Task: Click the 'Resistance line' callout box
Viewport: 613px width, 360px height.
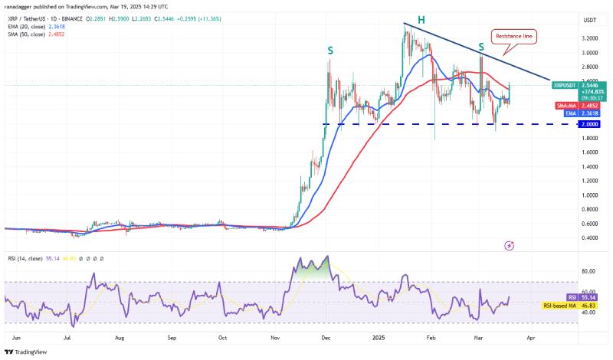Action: click(x=515, y=35)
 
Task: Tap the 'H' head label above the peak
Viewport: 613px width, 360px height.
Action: click(x=420, y=18)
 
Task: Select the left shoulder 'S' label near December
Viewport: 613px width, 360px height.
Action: click(x=330, y=51)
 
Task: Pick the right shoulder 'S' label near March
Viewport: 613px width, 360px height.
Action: click(x=480, y=47)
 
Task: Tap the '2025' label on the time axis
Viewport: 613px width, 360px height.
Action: click(x=379, y=336)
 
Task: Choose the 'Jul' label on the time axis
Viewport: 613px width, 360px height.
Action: click(x=69, y=336)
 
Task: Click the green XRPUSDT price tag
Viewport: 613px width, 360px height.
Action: click(x=569, y=89)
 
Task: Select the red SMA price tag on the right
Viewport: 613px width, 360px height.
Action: click(x=569, y=105)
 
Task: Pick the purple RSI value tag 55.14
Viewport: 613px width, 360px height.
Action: click(x=571, y=297)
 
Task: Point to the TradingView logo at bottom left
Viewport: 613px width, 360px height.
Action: click(x=27, y=352)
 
